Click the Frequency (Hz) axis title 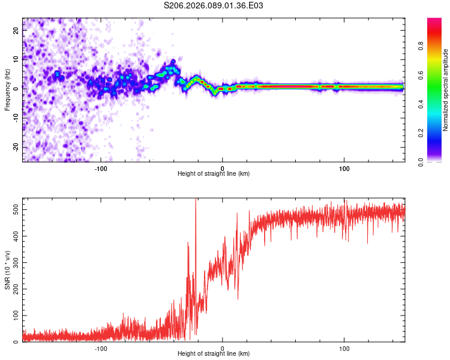click(7, 90)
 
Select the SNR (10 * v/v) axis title click(7, 270)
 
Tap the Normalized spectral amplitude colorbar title click(445, 90)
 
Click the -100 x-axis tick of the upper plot click(101, 169)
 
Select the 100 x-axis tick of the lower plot click(344, 349)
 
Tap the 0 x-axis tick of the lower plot click(223, 349)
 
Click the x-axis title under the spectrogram click(214, 174)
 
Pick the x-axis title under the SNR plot click(214, 355)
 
